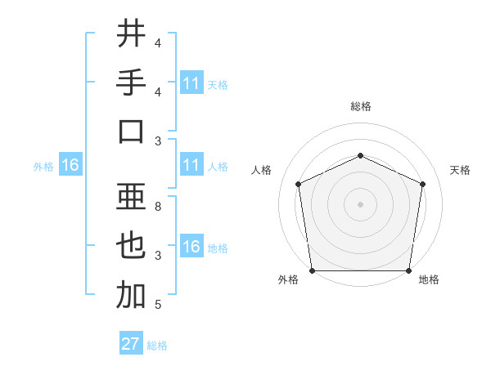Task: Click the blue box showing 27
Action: tap(131, 344)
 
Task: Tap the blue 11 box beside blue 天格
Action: tap(191, 83)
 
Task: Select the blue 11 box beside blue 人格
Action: tap(191, 166)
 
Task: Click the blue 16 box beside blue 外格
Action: tap(70, 166)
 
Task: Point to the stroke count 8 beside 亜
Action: tap(157, 207)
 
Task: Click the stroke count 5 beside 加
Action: tap(157, 305)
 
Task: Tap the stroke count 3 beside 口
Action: tap(157, 141)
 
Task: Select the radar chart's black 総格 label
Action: tap(361, 106)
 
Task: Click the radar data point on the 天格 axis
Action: tap(422, 183)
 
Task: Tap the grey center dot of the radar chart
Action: tap(360, 203)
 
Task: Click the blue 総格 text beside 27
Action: tap(157, 346)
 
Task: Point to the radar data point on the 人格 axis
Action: tap(298, 183)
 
